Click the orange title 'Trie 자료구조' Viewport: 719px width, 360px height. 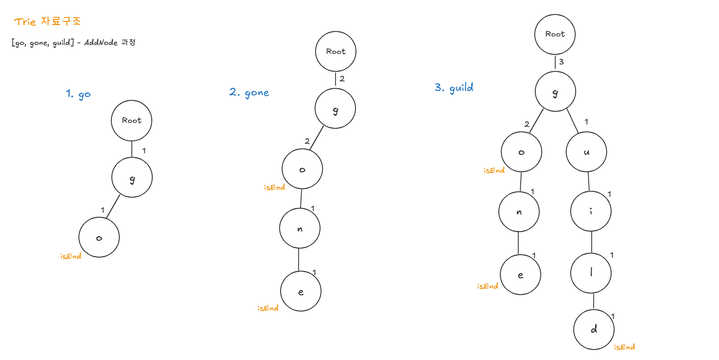47,21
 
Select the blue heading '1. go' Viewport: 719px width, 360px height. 78,94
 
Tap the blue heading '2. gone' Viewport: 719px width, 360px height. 249,92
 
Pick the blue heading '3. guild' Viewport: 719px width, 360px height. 454,88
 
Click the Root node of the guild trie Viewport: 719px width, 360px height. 555,34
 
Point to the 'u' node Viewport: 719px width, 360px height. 586,152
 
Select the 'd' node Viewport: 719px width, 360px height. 594,330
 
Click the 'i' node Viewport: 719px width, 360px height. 591,211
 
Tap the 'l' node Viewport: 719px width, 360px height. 592,273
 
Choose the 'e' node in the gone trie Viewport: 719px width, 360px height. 301,292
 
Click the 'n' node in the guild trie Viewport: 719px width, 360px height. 519,211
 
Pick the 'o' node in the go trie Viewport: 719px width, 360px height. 99,238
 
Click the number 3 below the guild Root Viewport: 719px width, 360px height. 562,62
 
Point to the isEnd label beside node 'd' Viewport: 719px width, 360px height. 624,347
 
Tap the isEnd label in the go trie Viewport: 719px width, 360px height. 71,257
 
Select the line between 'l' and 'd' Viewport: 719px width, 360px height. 593,302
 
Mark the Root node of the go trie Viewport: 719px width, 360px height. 131,120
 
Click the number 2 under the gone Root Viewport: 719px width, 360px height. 342,79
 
